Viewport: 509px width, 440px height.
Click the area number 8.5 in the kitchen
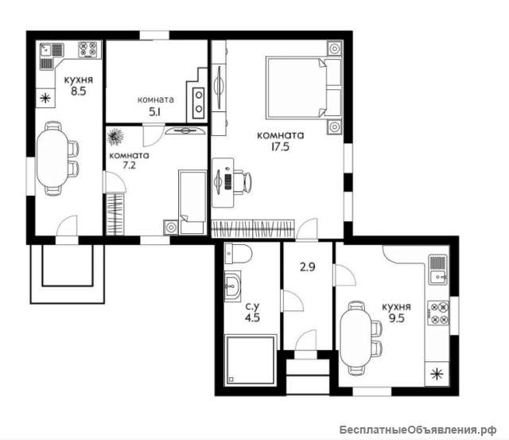click(79, 92)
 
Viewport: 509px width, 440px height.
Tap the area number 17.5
click(280, 147)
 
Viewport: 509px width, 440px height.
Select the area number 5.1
click(155, 112)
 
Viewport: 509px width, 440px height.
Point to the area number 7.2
click(129, 165)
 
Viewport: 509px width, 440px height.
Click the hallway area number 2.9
click(308, 267)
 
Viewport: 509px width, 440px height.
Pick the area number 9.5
click(397, 318)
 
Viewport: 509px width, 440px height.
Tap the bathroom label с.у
click(252, 306)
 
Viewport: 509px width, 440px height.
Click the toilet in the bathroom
click(239, 253)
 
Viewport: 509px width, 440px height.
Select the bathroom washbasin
click(232, 286)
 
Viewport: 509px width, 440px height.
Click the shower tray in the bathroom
click(250, 360)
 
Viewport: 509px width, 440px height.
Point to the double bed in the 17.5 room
click(304, 88)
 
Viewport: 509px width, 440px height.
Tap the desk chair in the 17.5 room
click(243, 183)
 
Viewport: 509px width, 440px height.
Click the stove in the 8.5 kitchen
click(88, 49)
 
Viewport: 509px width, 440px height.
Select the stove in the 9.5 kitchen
click(438, 313)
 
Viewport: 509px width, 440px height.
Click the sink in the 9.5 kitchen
click(438, 269)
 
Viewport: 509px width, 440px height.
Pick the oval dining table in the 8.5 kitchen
click(52, 158)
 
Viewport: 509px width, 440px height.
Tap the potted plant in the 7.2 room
click(115, 137)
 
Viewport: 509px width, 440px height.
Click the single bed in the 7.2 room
click(192, 202)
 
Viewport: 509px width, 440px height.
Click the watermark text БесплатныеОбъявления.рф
click(418, 430)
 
